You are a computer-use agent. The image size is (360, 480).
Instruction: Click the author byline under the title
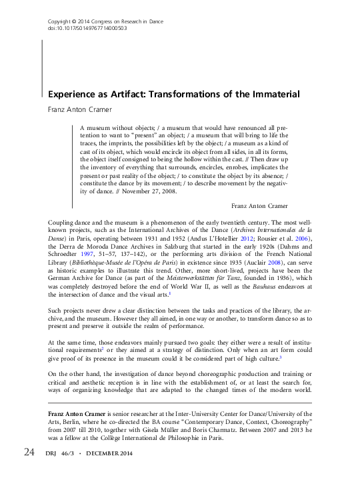click(x=77, y=109)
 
